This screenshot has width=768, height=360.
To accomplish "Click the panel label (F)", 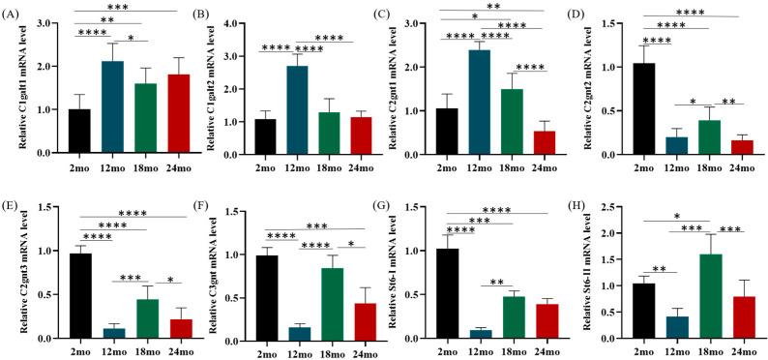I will pos(204,189).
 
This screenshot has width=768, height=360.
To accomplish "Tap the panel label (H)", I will pos(588,189).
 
